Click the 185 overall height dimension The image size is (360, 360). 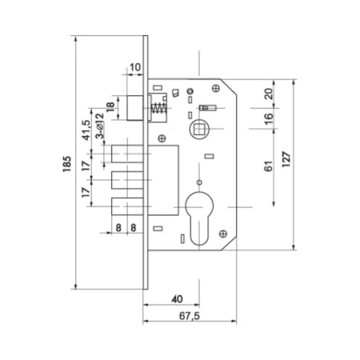tap(67, 164)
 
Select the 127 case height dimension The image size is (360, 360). tap(286, 159)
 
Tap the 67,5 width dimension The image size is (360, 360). tap(190, 316)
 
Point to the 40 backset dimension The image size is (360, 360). tap(177, 299)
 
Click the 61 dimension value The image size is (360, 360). tap(269, 166)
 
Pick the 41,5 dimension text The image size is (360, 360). tap(86, 130)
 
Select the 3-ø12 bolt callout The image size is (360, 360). tap(100, 126)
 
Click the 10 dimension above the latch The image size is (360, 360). tap(135, 67)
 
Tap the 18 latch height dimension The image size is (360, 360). tap(110, 107)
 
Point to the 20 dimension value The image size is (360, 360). tap(269, 94)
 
